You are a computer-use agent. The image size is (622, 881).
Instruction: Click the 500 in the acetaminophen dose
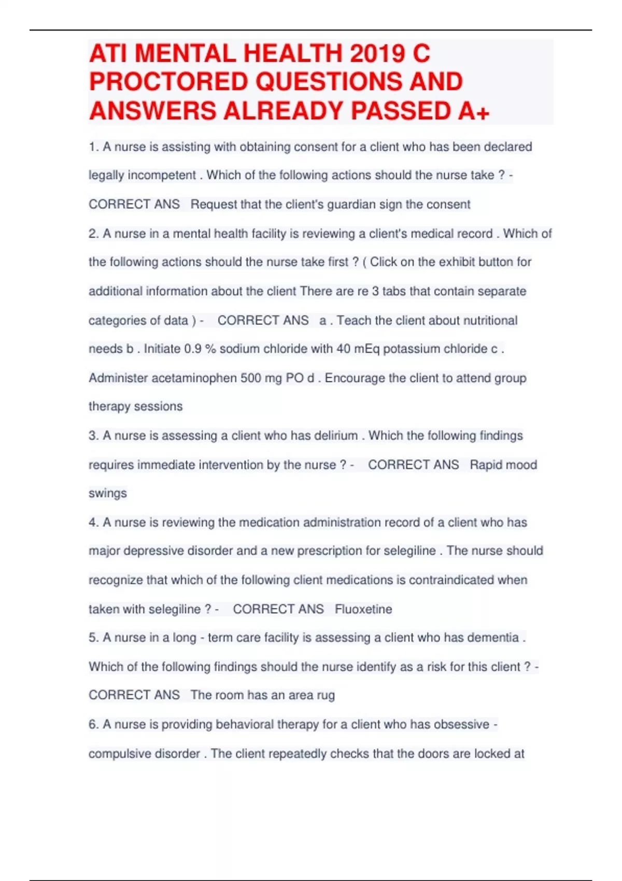250,378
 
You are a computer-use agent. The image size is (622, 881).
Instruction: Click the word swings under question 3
107,493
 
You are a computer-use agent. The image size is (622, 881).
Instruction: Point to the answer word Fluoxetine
363,609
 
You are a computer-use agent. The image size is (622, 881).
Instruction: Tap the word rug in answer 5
326,695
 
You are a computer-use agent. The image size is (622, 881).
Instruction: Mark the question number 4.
93,522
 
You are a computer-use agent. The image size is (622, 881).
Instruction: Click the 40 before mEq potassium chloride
343,349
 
